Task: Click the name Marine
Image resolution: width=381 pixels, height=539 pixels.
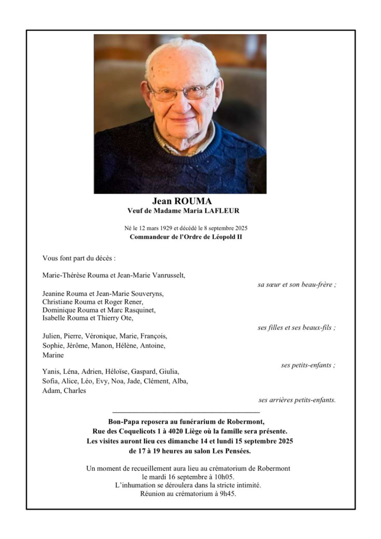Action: coord(53,355)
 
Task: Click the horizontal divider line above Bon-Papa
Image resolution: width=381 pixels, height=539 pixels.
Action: coord(186,412)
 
